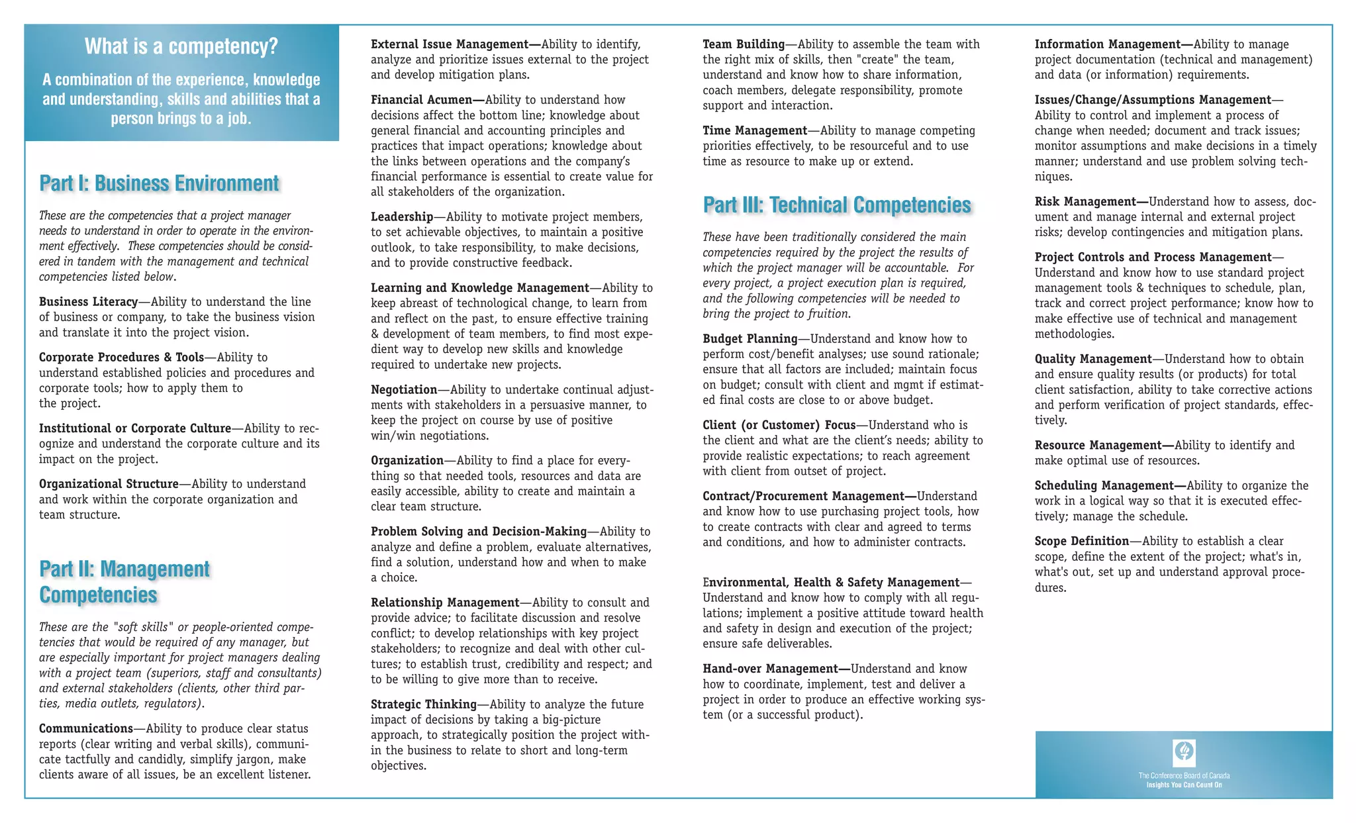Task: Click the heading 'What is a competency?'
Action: (x=181, y=46)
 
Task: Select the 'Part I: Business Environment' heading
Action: (x=159, y=183)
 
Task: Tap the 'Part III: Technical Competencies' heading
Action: (x=837, y=205)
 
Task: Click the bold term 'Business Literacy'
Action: (x=88, y=302)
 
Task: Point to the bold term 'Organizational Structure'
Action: (x=109, y=484)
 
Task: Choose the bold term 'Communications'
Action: (x=86, y=729)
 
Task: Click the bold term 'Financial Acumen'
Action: (x=422, y=100)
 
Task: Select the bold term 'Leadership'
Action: (x=402, y=217)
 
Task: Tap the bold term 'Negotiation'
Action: (x=404, y=390)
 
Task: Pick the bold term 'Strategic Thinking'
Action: (x=424, y=704)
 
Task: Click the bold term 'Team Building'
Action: (x=744, y=44)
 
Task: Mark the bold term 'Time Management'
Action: (x=755, y=131)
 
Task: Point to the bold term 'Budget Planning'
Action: (x=750, y=339)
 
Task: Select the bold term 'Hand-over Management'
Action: (x=770, y=669)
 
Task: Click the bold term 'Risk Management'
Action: (x=1085, y=202)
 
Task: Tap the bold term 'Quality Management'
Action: (x=1093, y=359)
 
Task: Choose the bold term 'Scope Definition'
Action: (x=1082, y=541)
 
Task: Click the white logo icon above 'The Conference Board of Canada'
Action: (x=1184, y=751)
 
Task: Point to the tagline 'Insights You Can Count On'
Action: (x=1184, y=785)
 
